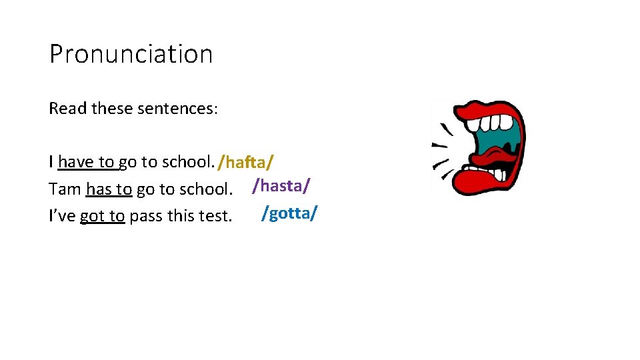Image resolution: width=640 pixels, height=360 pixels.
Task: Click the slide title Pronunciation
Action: pos(131,54)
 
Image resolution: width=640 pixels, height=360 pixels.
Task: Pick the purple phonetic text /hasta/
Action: pos(281,185)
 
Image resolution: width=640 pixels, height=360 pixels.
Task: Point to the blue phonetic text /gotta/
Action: pos(290,213)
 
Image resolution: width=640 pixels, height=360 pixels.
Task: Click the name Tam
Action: pos(65,189)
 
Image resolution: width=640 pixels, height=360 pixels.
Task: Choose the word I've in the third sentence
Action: pos(62,216)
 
